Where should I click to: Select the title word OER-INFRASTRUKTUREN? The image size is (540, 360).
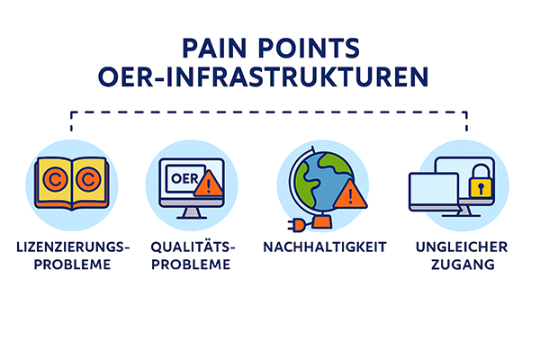(270, 76)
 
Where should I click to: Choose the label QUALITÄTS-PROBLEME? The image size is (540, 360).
(190, 254)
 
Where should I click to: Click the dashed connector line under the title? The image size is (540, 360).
(270, 112)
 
